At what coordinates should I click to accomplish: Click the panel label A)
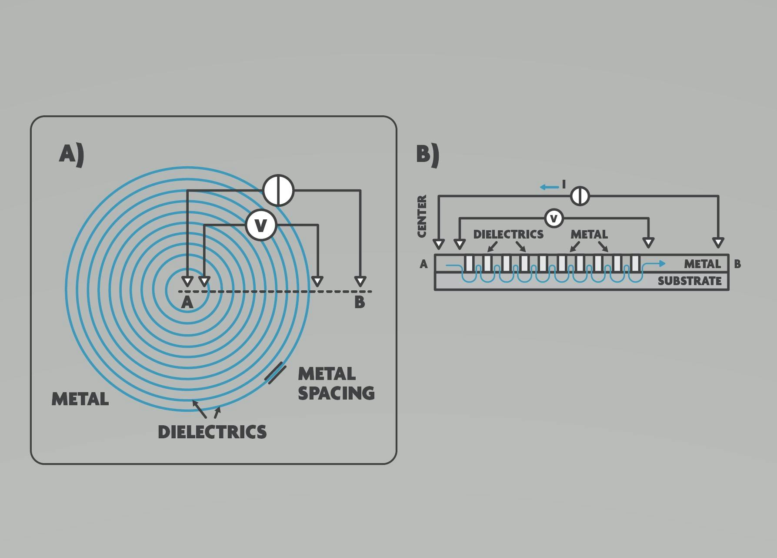pos(72,155)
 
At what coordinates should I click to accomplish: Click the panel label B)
pos(428,155)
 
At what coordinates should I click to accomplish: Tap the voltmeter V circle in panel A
pos(261,225)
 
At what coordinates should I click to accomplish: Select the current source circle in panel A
pos(278,190)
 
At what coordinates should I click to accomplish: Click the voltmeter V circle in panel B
pos(554,218)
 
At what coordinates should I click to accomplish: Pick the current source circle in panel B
pos(580,196)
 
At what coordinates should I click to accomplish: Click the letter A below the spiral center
pos(187,302)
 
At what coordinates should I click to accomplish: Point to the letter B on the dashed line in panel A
pos(360,302)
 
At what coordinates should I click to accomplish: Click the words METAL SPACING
pos(336,383)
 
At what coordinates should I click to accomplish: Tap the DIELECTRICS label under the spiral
pos(212,432)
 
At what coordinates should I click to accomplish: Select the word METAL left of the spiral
pos(80,399)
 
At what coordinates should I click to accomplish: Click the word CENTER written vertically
pos(422,216)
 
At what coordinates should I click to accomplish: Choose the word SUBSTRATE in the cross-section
pos(690,281)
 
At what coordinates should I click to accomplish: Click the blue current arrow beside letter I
pos(549,187)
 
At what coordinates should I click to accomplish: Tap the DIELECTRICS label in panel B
pos(508,234)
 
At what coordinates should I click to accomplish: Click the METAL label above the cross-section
pos(589,234)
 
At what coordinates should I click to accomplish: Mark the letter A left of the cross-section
pos(424,264)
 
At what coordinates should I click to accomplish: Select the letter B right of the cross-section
pos(737,264)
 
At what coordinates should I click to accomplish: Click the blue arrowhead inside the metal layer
pos(662,263)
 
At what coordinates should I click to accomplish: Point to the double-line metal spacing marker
pos(276,373)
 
